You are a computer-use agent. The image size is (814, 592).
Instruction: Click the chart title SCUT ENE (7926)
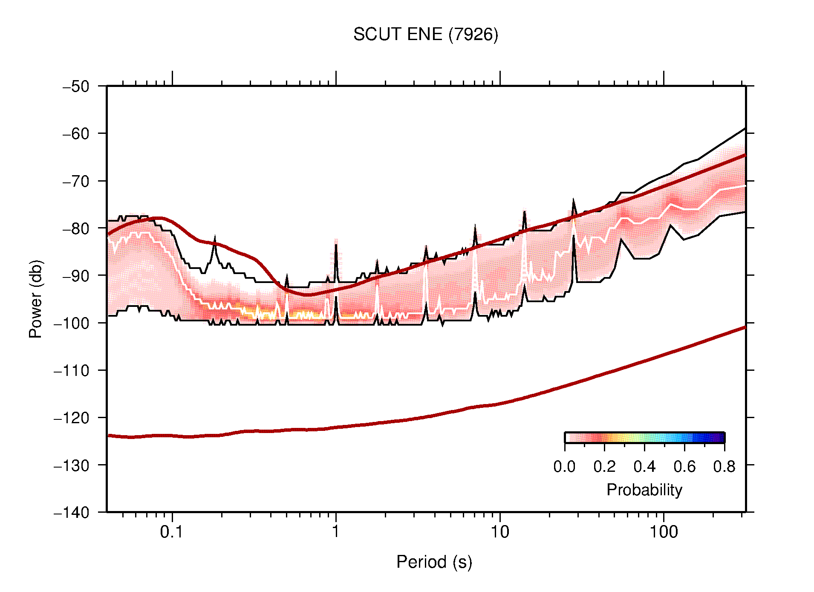[425, 35]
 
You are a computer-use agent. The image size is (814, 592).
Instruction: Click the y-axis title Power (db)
[36, 299]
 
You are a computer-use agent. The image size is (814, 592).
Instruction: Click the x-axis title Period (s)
[434, 562]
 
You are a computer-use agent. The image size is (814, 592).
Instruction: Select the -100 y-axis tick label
[72, 323]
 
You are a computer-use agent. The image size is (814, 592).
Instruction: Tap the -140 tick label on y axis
[72, 512]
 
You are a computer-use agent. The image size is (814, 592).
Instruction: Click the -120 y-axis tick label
[72, 418]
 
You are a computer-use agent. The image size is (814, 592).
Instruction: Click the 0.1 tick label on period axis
[172, 532]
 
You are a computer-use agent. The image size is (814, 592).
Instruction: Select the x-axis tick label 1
[336, 532]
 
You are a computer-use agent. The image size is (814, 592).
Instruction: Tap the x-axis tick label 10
[499, 532]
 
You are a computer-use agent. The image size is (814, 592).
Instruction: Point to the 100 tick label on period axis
[663, 532]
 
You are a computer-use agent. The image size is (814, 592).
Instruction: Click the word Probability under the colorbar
[644, 490]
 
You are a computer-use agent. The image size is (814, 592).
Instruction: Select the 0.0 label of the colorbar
[564, 467]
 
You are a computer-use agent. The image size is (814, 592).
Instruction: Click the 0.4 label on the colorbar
[644, 467]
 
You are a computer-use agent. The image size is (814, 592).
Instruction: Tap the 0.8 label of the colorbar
[724, 467]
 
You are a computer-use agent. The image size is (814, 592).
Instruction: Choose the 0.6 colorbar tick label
[684, 467]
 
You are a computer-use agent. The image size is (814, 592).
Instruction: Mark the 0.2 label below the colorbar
[604, 467]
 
